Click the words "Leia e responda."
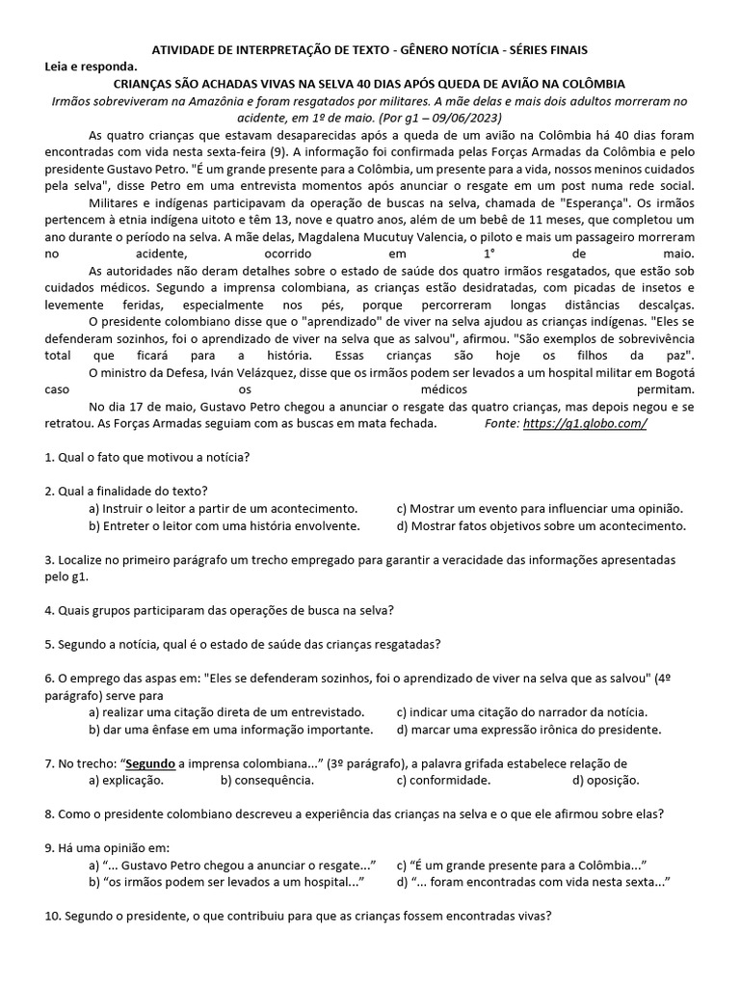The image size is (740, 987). click(x=92, y=67)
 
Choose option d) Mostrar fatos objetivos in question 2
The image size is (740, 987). click(x=541, y=525)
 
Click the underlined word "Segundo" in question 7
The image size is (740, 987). click(x=151, y=763)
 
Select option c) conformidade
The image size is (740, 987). click(x=443, y=780)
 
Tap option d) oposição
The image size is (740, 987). click(x=605, y=780)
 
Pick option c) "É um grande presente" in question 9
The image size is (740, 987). click(x=520, y=865)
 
